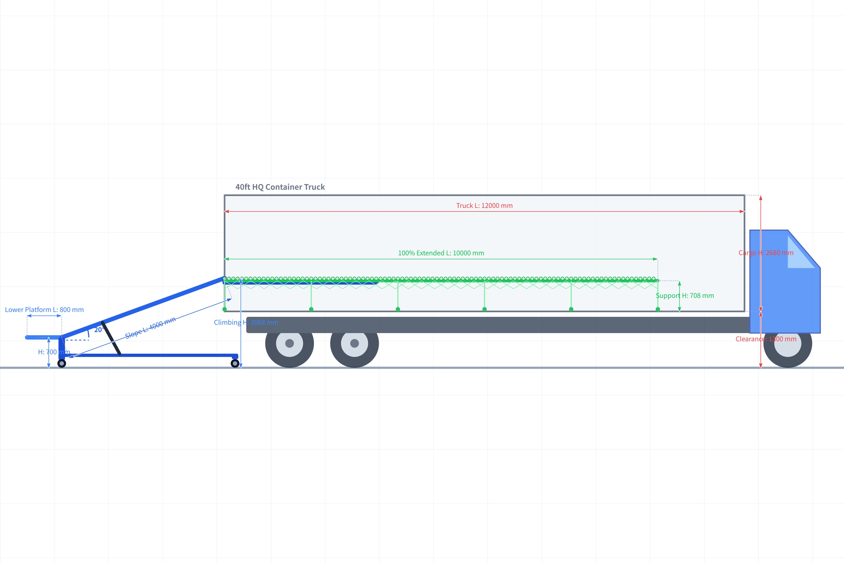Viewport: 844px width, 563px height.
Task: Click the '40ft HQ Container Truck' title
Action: [280, 187]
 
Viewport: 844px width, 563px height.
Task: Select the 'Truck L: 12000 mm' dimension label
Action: [484, 206]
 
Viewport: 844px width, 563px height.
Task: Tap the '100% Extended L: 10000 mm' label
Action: [441, 253]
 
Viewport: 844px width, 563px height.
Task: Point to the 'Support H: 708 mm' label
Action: [684, 296]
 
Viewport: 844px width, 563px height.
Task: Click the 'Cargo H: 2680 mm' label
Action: [765, 253]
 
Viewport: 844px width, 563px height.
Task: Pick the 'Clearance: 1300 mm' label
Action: [765, 339]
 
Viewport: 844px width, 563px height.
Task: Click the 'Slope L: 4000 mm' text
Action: [150, 327]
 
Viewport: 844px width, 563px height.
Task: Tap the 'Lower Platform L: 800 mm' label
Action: [44, 310]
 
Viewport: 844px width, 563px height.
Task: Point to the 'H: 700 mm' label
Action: [54, 352]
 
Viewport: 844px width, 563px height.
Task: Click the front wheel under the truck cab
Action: [787, 344]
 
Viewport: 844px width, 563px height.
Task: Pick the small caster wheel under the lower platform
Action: [62, 363]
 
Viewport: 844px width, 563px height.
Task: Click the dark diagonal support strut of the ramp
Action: [111, 338]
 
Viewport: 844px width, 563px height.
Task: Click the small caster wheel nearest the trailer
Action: [235, 363]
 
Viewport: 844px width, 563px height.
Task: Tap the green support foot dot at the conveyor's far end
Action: [657, 309]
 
